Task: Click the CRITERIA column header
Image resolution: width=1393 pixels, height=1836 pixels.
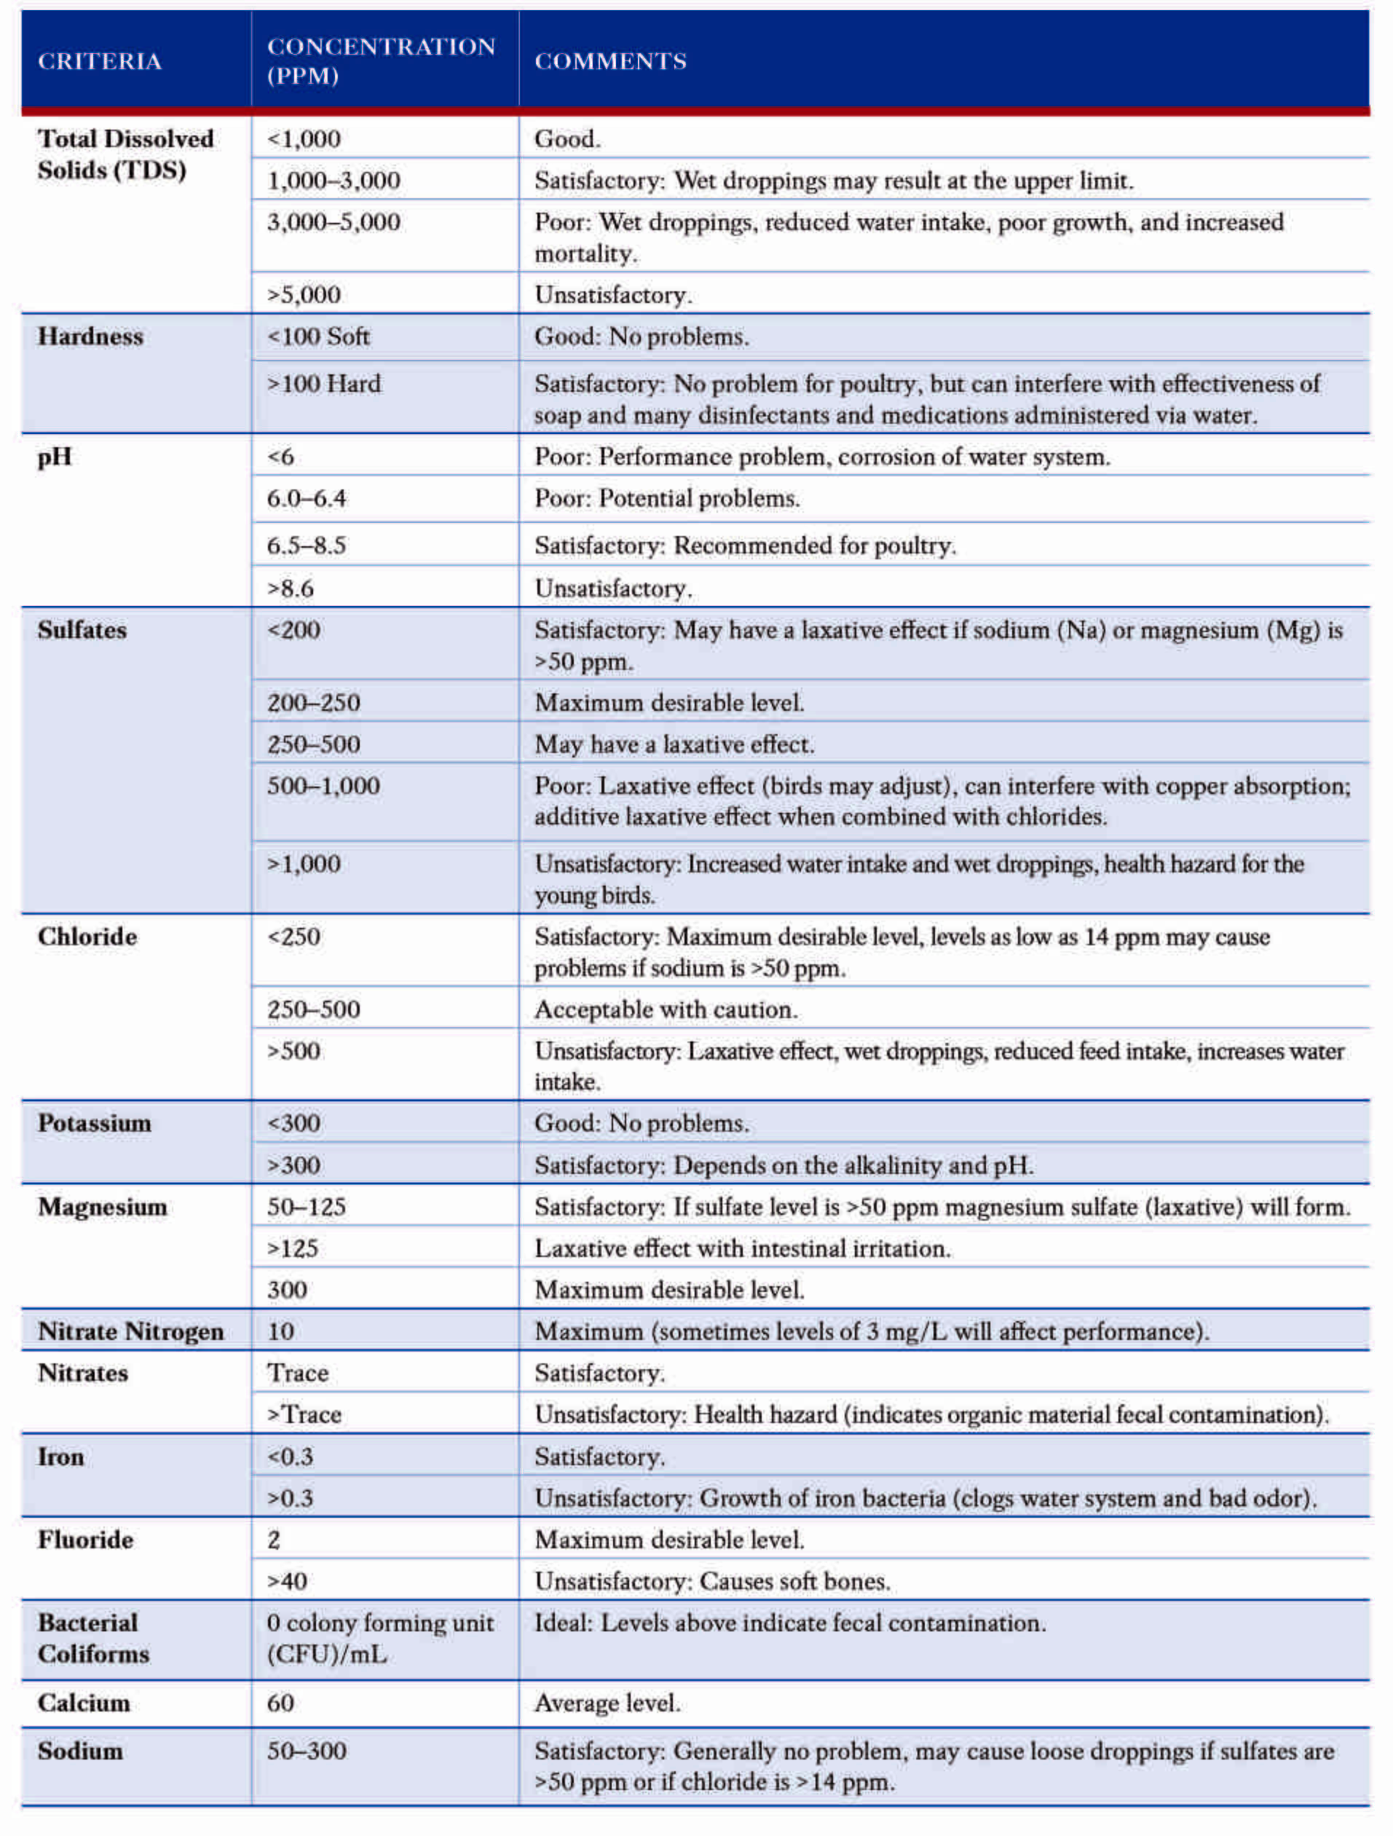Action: [100, 61]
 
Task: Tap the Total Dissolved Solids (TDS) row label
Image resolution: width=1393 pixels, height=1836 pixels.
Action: [125, 154]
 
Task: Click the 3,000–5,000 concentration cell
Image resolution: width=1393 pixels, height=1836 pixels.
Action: [334, 222]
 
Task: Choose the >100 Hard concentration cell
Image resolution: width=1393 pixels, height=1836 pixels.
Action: [323, 385]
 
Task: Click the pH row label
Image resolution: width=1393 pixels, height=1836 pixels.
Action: [55, 457]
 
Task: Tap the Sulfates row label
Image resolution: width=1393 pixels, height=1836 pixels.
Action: [82, 631]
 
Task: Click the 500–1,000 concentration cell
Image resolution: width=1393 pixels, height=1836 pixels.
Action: [323, 786]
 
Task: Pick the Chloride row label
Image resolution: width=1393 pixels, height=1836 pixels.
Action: [87, 937]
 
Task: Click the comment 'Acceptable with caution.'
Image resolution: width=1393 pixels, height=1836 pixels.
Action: [666, 1010]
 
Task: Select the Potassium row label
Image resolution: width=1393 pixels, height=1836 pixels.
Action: [95, 1124]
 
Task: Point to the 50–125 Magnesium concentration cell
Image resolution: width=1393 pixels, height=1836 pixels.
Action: [306, 1207]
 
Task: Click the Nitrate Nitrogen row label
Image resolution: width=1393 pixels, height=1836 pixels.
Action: [130, 1332]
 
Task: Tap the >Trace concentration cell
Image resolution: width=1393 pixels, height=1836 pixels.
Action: [304, 1415]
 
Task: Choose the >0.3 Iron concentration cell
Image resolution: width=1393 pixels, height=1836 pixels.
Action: [291, 1499]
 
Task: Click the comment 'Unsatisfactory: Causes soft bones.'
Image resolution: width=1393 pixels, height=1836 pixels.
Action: [712, 1582]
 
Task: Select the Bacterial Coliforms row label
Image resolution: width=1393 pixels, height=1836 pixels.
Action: [93, 1639]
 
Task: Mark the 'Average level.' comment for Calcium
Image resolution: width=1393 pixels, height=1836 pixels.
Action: [607, 1704]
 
